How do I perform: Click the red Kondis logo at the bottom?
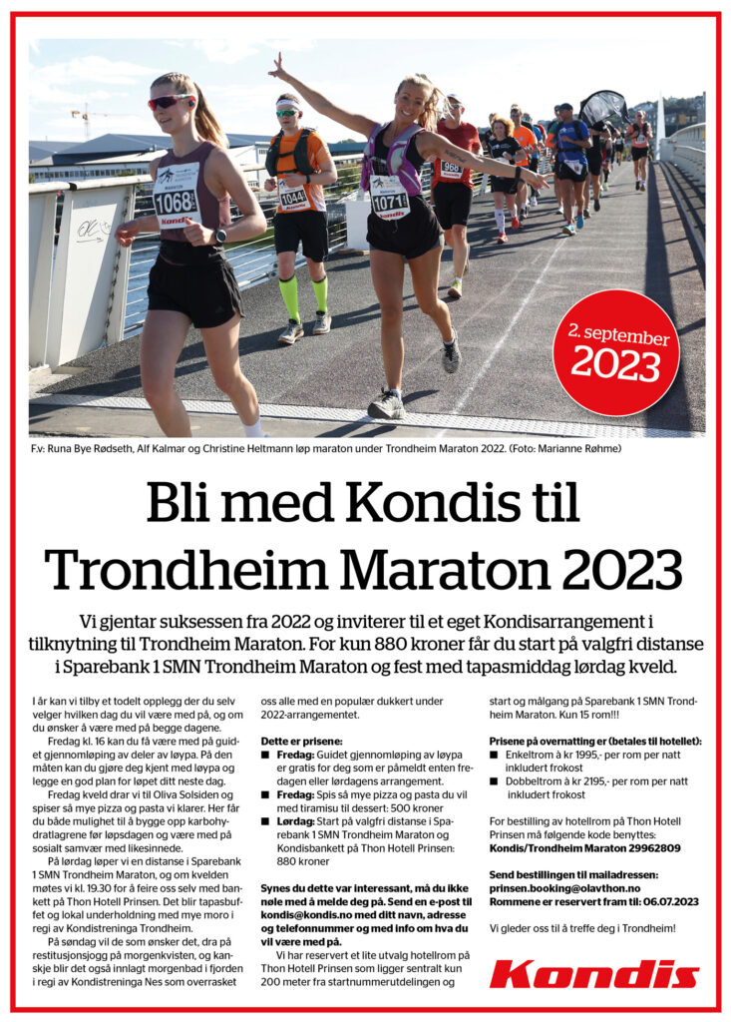[593, 974]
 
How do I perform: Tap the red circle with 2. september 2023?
[615, 352]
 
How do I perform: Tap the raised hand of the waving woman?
[276, 67]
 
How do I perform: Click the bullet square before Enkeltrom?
[495, 756]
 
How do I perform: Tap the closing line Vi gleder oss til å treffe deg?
[581, 928]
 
